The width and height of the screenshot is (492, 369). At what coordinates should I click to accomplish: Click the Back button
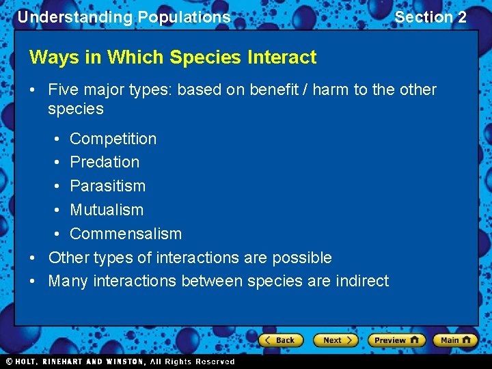(281, 340)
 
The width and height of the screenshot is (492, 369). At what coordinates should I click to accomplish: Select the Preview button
(396, 340)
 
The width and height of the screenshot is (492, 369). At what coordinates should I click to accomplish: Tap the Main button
(456, 340)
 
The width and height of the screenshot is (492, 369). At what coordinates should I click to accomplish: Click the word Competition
(113, 139)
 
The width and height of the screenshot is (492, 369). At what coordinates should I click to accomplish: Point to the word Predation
(105, 162)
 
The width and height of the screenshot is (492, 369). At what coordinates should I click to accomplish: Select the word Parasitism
(108, 186)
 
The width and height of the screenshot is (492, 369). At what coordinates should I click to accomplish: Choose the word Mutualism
(107, 210)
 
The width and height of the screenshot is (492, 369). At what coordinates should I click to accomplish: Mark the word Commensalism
(126, 234)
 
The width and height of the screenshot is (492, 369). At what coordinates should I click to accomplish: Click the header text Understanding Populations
(124, 17)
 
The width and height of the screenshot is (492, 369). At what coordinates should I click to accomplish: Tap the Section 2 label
(430, 17)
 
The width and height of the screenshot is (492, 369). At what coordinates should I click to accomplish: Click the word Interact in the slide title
(285, 57)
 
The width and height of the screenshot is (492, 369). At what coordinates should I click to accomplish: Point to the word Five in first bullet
(62, 90)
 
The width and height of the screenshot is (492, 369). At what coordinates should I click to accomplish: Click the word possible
(302, 258)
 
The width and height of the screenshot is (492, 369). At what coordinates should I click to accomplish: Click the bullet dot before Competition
(55, 139)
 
